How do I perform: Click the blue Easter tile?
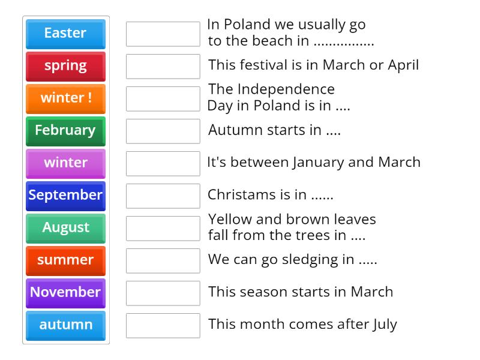pos(65,34)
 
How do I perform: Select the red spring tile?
pos(65,66)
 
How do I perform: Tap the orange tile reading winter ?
pos(65,98)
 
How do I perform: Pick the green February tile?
pos(65,131)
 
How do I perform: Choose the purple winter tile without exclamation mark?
pos(65,163)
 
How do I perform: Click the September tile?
pos(65,196)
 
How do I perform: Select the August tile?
pos(65,228)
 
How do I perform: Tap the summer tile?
pos(65,260)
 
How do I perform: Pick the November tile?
pos(65,293)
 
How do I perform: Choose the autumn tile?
pos(65,325)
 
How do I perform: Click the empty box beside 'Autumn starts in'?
pos(163,131)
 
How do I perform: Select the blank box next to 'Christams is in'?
pos(163,196)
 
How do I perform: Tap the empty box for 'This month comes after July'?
pos(163,325)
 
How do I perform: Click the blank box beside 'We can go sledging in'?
pos(163,260)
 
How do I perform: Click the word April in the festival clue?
pos(403,65)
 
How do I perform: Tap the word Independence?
pos(286,89)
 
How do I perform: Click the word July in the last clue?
pos(385,325)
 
